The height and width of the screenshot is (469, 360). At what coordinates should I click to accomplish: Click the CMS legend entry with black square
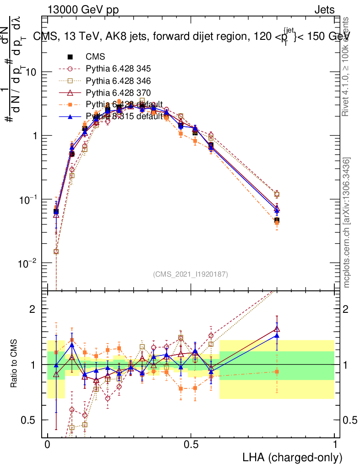(95, 57)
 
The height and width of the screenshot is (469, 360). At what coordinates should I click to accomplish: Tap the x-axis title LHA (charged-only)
(292, 457)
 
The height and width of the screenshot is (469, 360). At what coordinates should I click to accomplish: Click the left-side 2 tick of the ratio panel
(33, 309)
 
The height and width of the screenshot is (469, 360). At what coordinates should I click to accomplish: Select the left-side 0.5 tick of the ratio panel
(30, 420)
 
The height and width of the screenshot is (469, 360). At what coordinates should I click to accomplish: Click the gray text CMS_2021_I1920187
(191, 274)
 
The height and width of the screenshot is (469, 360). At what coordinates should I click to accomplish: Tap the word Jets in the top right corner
(324, 10)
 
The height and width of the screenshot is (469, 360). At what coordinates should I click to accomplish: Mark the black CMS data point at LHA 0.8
(277, 221)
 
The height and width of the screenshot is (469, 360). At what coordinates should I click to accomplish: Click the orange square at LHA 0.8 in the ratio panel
(277, 371)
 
